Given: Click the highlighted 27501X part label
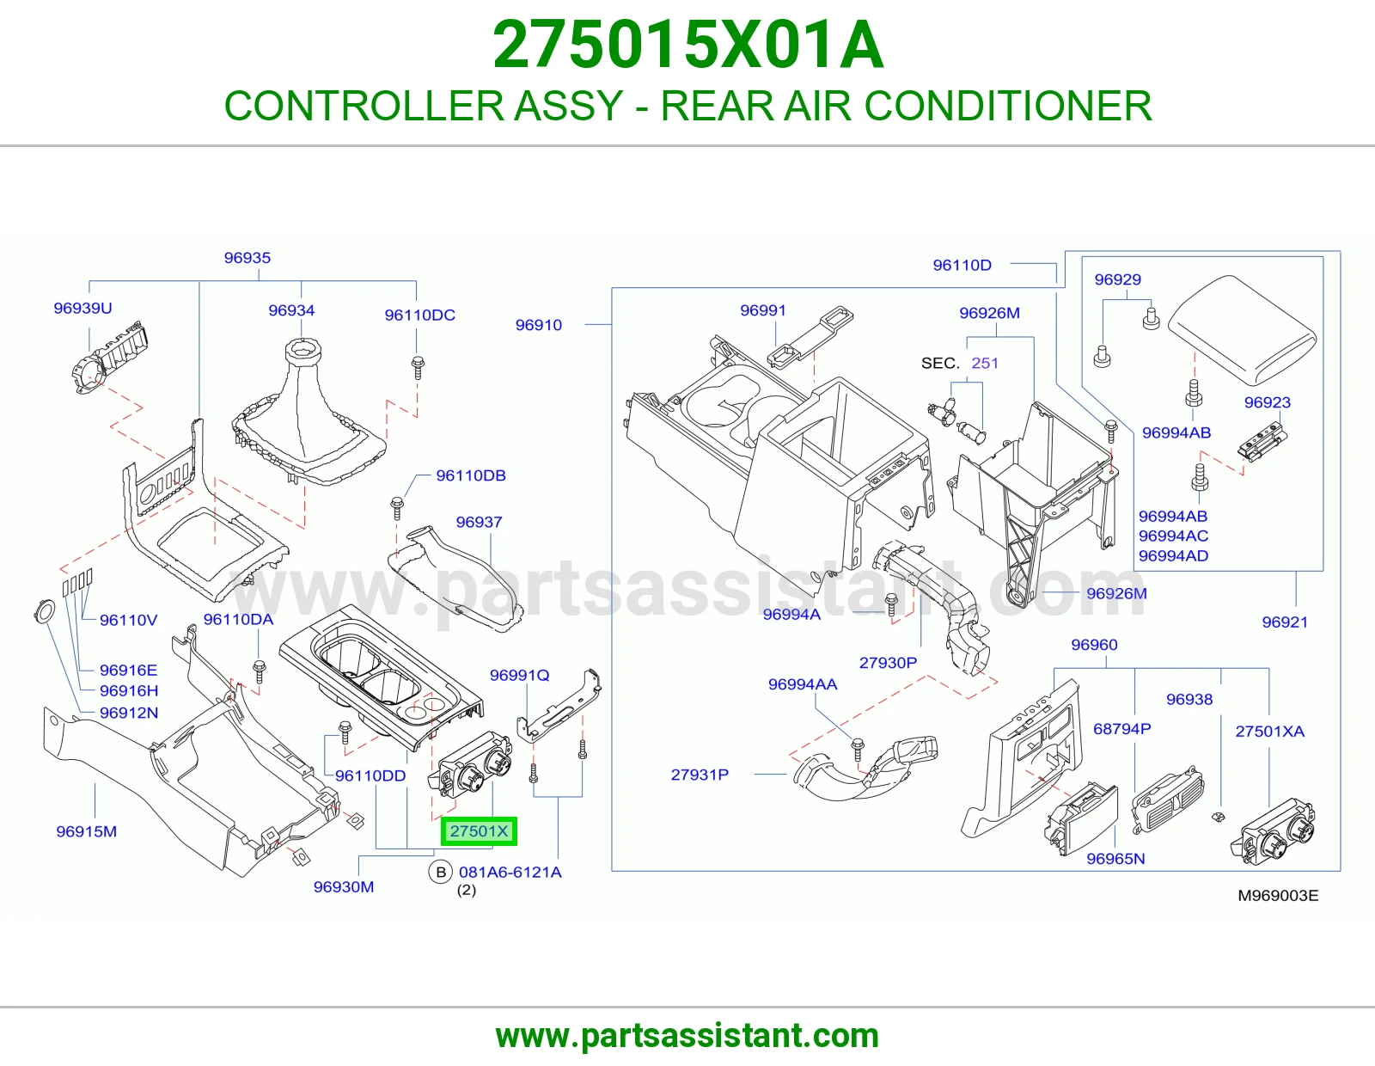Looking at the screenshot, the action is point(479,831).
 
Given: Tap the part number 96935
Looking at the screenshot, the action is point(247,258).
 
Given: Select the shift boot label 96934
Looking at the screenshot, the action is point(291,310).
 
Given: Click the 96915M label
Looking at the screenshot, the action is point(87,831).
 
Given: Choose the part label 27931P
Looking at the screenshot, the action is point(700,775).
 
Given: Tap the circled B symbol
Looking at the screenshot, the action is point(441,873).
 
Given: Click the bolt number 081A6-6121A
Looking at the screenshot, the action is point(510,873).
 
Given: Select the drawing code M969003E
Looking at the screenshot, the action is point(1278,896).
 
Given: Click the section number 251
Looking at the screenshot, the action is point(985,363).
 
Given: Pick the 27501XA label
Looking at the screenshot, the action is point(1270,731).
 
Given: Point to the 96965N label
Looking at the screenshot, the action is point(1115,858).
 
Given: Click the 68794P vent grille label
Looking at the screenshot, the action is point(1121,729).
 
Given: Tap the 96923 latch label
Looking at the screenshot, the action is point(1268,402).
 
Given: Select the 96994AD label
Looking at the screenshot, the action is point(1173,555).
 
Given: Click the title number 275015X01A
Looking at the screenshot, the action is point(687,45).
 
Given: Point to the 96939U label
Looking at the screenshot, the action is point(82,308).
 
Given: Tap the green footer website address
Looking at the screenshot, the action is point(687,1036).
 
